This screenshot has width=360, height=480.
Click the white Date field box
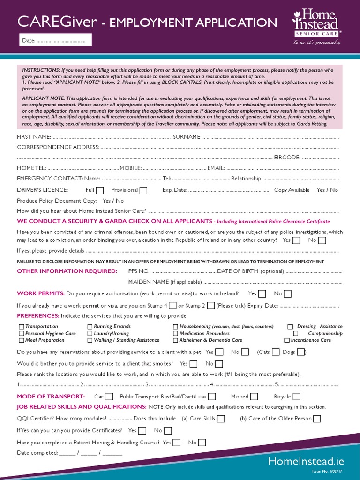click(x=55, y=40)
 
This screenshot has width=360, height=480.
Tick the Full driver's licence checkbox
click(x=100, y=190)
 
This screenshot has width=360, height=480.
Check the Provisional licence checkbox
click(x=143, y=190)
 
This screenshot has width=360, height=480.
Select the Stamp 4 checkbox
click(x=172, y=306)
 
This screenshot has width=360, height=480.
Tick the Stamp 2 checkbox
click(x=210, y=306)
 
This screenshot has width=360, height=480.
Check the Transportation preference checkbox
click(x=22, y=327)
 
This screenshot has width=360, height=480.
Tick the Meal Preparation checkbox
click(x=22, y=340)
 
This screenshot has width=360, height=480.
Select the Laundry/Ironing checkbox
click(x=90, y=334)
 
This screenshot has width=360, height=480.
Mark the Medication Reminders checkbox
click(x=176, y=334)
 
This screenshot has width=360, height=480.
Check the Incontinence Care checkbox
click(x=287, y=340)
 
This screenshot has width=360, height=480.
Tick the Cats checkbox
click(x=276, y=352)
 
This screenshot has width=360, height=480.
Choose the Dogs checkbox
click(x=300, y=352)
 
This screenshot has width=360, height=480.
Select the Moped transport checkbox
click(x=254, y=397)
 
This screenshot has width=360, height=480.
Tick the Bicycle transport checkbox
click(x=296, y=397)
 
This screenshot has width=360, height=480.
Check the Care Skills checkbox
click(x=221, y=419)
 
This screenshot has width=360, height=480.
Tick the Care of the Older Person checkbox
click(x=317, y=419)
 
